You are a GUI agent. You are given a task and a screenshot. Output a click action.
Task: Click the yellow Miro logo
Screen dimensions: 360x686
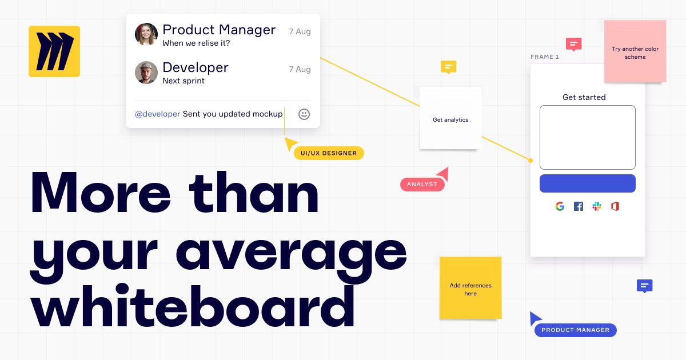point(54,51)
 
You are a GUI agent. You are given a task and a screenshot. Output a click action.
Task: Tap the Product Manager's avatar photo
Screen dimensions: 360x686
point(146,34)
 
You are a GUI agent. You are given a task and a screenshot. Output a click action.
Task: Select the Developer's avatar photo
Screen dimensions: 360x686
point(146,73)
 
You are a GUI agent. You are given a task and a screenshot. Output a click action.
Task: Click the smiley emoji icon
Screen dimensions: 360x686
point(304,114)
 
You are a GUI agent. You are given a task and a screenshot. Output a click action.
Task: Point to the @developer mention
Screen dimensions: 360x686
point(158,114)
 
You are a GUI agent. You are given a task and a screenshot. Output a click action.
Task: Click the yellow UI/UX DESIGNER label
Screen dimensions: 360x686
point(329,153)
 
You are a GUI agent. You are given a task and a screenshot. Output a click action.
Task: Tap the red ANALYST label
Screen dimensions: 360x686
point(422,185)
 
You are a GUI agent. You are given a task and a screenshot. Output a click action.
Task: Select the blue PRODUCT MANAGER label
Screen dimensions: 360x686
point(575,330)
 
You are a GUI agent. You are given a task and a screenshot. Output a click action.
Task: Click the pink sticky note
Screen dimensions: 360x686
point(635,51)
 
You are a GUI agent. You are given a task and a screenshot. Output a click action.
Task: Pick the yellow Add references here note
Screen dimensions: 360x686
point(470,288)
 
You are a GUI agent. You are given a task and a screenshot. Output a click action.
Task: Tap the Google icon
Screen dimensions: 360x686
point(560,206)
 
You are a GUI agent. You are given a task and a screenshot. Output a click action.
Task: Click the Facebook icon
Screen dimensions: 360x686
point(579,206)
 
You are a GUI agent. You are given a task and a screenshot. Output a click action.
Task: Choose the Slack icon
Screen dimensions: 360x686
point(597,206)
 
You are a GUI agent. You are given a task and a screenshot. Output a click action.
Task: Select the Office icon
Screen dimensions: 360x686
point(615,206)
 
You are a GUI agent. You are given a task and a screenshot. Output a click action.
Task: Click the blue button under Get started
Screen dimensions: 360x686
point(587,183)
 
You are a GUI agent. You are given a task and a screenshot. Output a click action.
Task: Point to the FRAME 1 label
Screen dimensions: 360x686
point(545,57)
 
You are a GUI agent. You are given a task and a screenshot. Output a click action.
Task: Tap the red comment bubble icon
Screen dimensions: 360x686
point(573,44)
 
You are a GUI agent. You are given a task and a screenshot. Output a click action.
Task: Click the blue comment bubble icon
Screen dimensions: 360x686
point(644,286)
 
